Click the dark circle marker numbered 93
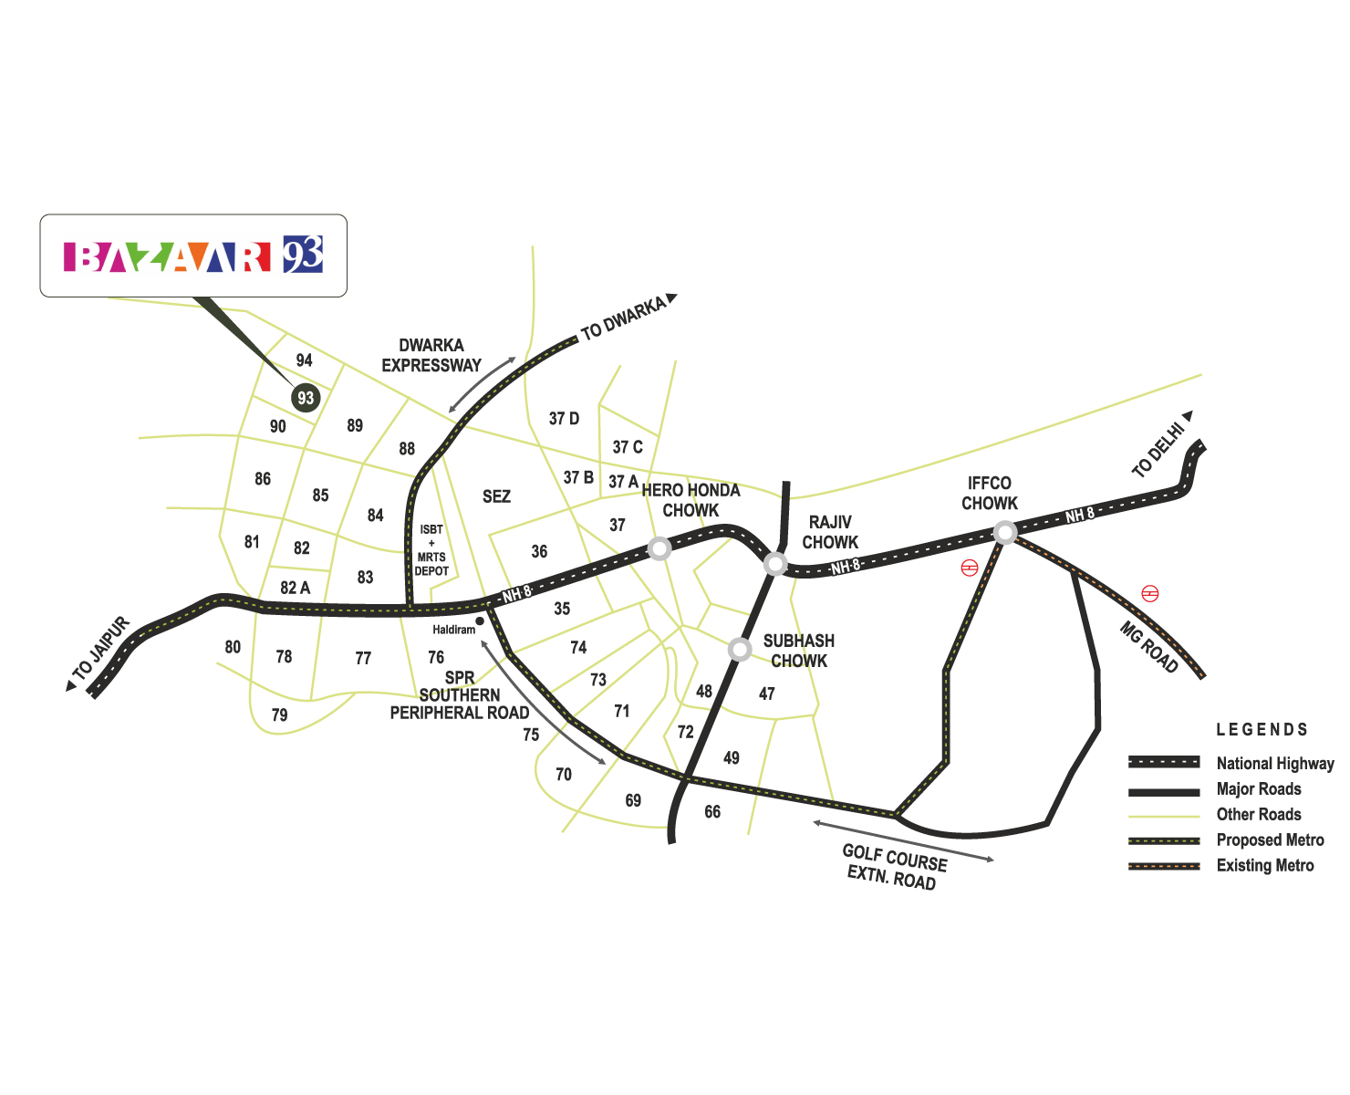306,398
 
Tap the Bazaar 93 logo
193,255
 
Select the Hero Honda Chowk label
691,500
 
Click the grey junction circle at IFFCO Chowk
1004,533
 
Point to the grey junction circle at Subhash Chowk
740,650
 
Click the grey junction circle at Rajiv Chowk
775,564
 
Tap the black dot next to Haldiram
480,620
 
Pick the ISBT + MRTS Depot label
431,549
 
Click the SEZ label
496,495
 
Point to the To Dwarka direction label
628,317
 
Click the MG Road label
1148,646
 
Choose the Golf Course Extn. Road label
893,867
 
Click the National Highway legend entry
1231,763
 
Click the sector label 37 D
564,419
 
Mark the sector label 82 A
295,588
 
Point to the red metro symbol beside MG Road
1149,593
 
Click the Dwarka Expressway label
431,355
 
